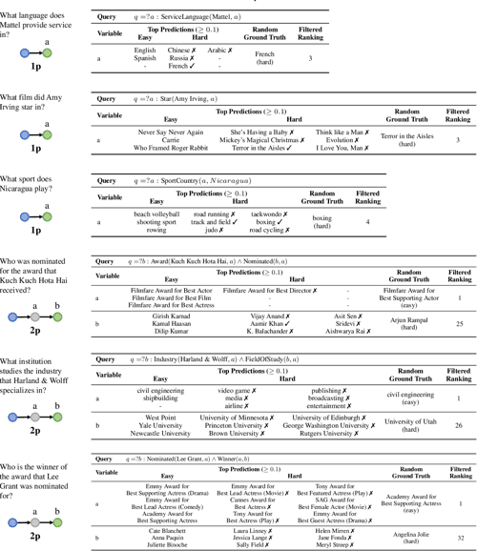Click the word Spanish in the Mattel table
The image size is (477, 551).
(145, 57)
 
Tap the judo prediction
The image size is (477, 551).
(215, 231)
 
